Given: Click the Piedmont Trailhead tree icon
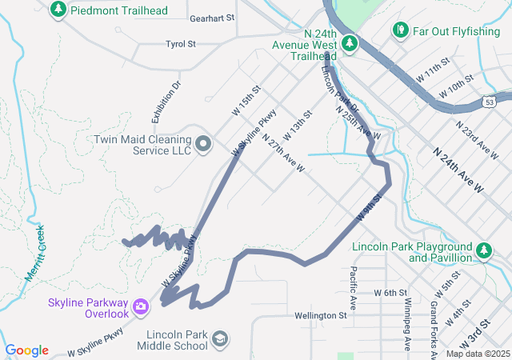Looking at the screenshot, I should coord(58,10).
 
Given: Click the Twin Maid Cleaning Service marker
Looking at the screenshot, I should coord(203,144).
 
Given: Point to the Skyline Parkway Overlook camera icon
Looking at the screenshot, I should coord(141,306).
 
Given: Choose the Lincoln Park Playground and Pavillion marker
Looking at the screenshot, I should coord(484,251).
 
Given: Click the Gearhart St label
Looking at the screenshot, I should coord(213,18).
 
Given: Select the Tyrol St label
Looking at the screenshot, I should coord(181,44).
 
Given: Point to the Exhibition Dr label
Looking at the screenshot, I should coord(167,95).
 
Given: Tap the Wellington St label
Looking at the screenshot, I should coord(320,316).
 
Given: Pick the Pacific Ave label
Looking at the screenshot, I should coord(353,288).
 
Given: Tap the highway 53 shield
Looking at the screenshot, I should coord(489,102).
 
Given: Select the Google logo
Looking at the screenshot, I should coord(26,350).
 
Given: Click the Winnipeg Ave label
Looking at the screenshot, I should coord(407,324).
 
